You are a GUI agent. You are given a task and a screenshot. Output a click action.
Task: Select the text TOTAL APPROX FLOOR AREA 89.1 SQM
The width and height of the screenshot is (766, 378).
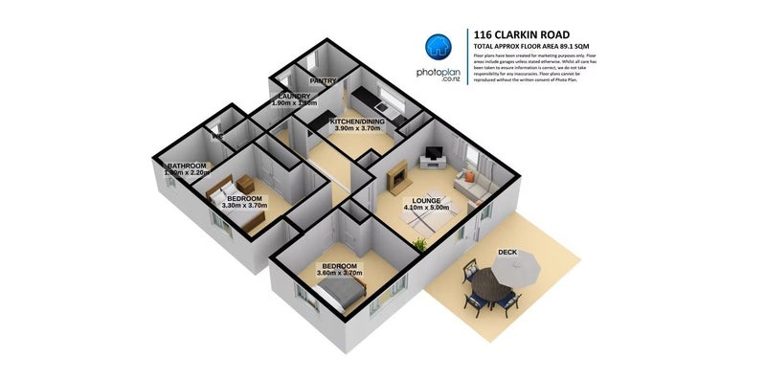532,46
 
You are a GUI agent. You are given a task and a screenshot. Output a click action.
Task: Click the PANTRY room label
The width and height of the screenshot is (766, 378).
324,81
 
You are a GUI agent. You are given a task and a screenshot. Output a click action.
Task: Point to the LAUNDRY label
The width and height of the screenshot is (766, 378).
294,97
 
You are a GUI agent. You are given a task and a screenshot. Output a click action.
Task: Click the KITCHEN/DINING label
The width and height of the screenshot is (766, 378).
357,122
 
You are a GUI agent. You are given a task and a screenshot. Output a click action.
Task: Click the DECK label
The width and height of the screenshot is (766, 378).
507,253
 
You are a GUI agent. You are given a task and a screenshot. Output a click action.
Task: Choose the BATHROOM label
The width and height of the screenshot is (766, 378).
188,166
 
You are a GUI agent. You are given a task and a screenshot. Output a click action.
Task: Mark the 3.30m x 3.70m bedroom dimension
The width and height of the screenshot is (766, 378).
243,205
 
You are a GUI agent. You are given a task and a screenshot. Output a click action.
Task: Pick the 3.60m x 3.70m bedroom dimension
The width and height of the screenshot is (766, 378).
339,274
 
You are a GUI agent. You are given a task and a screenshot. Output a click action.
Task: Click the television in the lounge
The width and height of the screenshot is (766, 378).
435,153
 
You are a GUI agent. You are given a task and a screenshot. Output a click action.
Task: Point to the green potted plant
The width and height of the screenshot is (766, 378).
419,245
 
